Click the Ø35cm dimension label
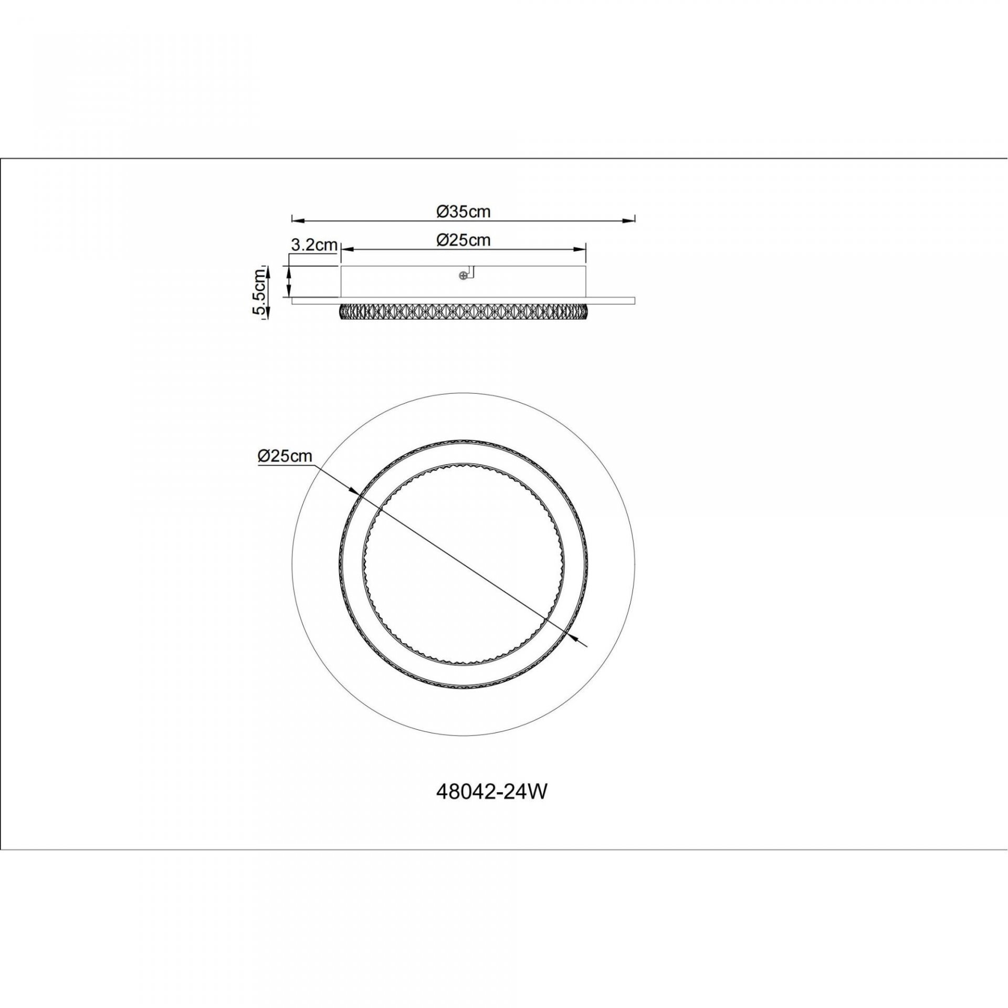[464, 212]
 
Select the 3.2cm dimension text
[313, 245]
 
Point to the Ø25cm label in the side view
[464, 240]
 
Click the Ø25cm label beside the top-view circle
[285, 456]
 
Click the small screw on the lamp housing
[463, 275]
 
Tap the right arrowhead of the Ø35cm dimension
[628, 219]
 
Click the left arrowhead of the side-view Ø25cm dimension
[348, 248]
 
